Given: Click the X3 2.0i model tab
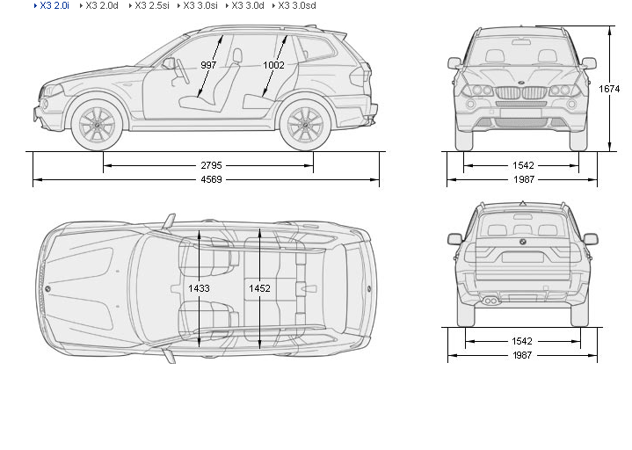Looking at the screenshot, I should point(54,5).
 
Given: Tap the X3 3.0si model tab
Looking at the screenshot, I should point(200,5).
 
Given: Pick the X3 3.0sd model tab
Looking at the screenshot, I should point(297,5).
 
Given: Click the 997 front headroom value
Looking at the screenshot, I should point(208,65).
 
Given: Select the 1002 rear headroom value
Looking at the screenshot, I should point(273,65).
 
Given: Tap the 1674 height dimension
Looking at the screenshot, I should point(610,89).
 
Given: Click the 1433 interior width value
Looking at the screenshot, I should point(200,288).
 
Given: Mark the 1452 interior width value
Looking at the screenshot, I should point(259,288).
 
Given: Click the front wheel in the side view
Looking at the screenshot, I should point(97,125).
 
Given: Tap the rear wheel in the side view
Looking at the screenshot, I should point(305,125).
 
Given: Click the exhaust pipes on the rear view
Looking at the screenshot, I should point(493,301).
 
